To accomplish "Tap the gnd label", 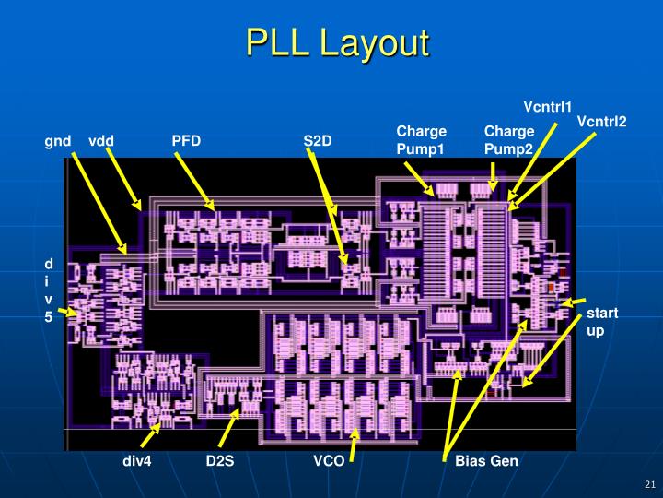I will click(57, 141).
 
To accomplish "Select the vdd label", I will click(101, 141).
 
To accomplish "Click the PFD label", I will click(186, 141).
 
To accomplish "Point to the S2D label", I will click(318, 141).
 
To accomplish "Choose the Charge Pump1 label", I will click(421, 140).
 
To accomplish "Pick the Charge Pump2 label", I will click(508, 140).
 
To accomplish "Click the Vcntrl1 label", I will click(548, 106).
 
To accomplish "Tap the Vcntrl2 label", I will click(601, 122).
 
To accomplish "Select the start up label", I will click(602, 322).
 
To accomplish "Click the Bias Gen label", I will click(487, 460).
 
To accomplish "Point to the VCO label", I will click(329, 460).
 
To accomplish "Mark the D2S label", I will click(220, 460).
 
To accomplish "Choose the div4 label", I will click(137, 460).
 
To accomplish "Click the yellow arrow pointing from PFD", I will click(193, 181).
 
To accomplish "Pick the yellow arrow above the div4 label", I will click(150, 433).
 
